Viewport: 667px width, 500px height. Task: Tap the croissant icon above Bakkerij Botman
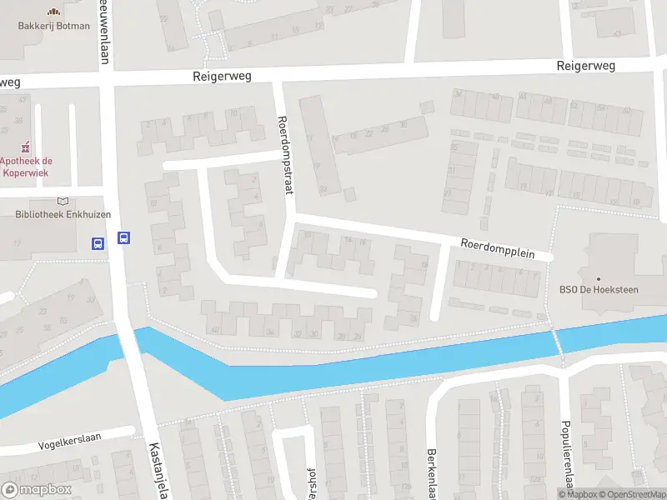tap(54, 12)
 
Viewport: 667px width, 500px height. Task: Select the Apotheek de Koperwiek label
tap(25, 167)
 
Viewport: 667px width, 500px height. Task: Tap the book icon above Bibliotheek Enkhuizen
tap(63, 201)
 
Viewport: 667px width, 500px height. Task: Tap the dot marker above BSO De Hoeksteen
tap(598, 277)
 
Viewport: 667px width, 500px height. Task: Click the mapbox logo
tap(37, 489)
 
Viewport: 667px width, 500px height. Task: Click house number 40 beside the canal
tap(217, 331)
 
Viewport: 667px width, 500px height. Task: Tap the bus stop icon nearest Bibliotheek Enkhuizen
tap(98, 244)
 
